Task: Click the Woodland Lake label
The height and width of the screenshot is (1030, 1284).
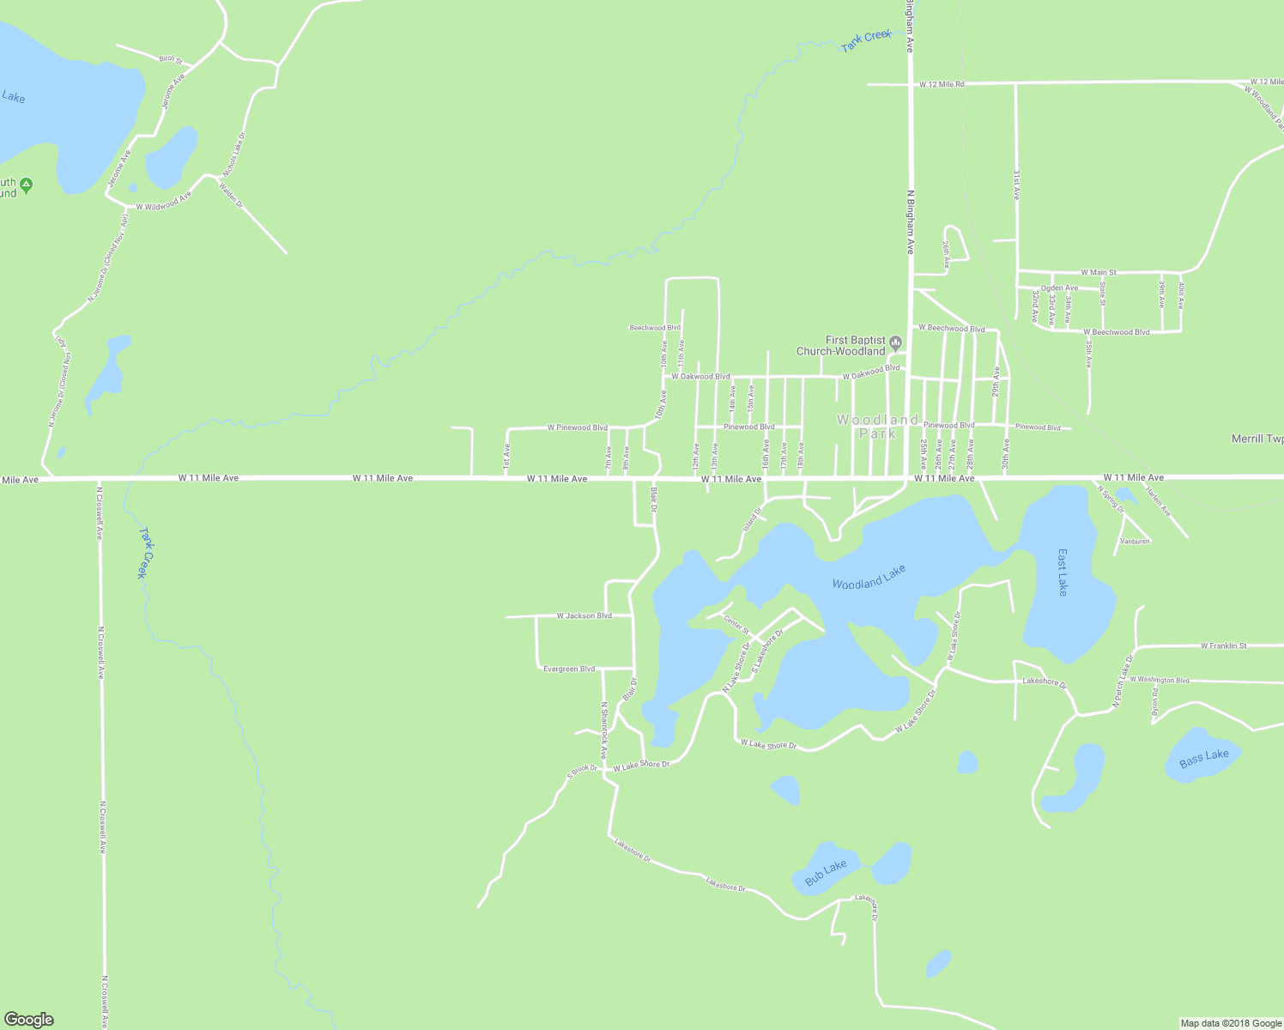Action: tap(869, 577)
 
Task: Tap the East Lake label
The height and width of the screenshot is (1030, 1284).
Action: tap(1063, 573)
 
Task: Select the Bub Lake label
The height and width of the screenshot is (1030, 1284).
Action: tap(826, 873)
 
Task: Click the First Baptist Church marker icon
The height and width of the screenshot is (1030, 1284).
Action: tap(895, 344)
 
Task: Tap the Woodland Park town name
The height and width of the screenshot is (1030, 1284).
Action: tap(877, 427)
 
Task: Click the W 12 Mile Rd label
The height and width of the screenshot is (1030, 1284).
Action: tap(942, 84)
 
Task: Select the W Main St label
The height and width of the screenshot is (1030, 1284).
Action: tap(1098, 272)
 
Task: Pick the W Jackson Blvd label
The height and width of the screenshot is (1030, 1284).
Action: tap(584, 615)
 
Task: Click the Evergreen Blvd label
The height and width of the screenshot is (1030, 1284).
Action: tap(569, 669)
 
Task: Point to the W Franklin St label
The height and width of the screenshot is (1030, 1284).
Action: tap(1223, 645)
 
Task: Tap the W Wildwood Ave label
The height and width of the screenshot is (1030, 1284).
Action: tap(163, 202)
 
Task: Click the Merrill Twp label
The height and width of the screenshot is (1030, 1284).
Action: tap(1257, 439)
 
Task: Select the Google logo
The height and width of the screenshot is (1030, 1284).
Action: tap(28, 1020)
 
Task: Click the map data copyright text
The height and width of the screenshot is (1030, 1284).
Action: tap(1231, 1023)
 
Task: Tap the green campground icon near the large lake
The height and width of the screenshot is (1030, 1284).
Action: tap(27, 185)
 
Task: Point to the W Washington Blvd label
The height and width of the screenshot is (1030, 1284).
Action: tap(1159, 680)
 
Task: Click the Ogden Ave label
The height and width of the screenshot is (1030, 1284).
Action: tap(1059, 288)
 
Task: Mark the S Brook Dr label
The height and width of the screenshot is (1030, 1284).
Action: tap(581, 770)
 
